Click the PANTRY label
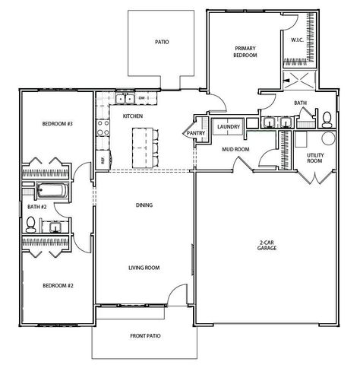(x=194, y=132)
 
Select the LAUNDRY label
(x=229, y=127)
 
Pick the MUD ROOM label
(x=236, y=149)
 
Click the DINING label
(x=144, y=205)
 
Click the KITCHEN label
(x=133, y=116)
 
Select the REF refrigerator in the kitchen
(x=103, y=160)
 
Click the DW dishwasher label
(x=142, y=98)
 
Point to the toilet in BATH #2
(x=31, y=224)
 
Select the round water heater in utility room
(x=329, y=138)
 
